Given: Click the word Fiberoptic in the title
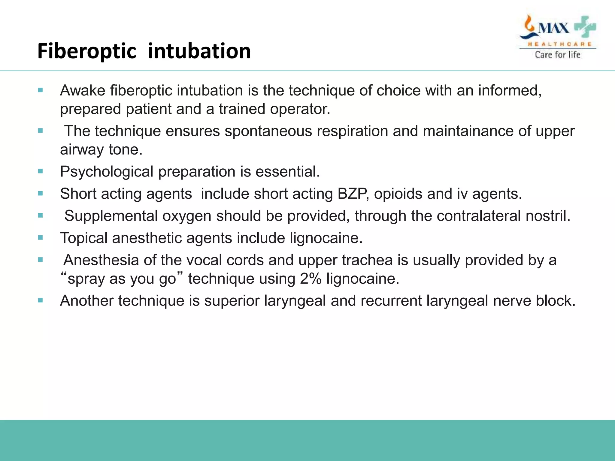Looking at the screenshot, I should (x=87, y=51).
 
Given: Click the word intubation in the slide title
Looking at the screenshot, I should (x=199, y=51).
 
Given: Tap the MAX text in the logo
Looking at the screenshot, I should (x=553, y=29).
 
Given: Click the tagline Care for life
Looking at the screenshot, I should (x=558, y=55).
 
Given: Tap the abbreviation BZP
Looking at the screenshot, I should (x=353, y=194).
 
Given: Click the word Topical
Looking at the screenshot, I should (x=84, y=238).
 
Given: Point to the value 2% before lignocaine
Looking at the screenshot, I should (x=311, y=279).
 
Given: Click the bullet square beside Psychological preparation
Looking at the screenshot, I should (x=41, y=171).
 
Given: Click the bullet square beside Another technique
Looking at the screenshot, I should (x=41, y=300).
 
